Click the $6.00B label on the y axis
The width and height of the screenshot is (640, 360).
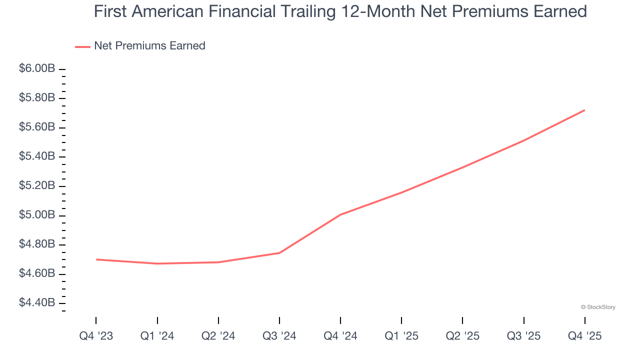tap(37, 68)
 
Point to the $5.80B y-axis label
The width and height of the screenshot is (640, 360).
tap(37, 98)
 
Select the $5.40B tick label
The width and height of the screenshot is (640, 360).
tap(37, 156)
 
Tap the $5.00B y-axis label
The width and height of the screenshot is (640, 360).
tap(37, 215)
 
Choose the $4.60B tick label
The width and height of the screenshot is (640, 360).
tap(37, 273)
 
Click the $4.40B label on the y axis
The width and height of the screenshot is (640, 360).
tap(37, 303)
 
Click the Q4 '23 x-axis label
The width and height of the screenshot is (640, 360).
tap(96, 336)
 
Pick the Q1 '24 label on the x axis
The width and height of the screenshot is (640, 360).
tap(157, 336)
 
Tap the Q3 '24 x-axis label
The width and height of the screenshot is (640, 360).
tap(279, 336)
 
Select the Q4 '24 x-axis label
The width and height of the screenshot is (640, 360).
tap(340, 336)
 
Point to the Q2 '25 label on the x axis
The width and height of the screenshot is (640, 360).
tap(462, 336)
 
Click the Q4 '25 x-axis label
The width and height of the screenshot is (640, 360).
tap(584, 336)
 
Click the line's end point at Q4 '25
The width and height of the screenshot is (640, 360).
tap(584, 110)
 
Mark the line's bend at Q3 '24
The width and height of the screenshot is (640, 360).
tap(279, 253)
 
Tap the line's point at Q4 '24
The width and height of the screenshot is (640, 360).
tap(340, 214)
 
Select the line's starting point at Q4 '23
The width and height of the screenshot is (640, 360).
tap(96, 259)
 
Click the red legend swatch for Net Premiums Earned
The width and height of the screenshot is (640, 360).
tap(82, 46)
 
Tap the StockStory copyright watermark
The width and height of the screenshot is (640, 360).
tap(598, 307)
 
